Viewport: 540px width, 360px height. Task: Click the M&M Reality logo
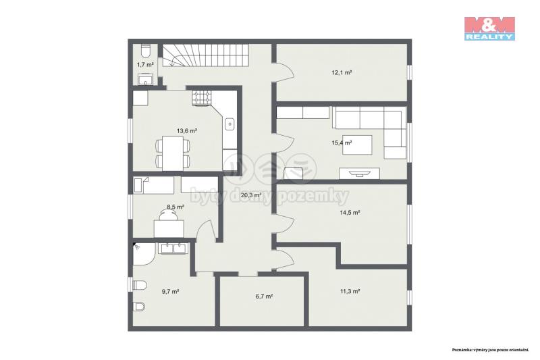coord(489,28)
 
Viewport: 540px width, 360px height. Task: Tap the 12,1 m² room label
coord(342,73)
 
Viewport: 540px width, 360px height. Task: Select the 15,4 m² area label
coord(342,143)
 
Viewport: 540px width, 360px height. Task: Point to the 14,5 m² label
coord(350,213)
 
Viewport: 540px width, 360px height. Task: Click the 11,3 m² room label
coord(350,291)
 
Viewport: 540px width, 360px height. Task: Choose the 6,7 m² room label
coord(264,296)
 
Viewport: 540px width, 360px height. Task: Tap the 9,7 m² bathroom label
coord(170,292)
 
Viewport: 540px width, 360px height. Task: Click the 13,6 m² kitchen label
coord(187,131)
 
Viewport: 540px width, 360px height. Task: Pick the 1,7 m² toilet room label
coord(145,64)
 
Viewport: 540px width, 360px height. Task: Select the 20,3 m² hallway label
coord(251,195)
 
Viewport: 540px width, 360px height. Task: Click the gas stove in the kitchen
coord(201,97)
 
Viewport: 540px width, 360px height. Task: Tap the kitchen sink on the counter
coord(230,124)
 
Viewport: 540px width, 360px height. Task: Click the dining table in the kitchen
coord(173,153)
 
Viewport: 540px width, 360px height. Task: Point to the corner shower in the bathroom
coord(143,253)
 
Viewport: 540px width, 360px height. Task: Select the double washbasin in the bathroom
coord(173,249)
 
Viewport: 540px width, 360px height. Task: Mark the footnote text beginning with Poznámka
coord(491,350)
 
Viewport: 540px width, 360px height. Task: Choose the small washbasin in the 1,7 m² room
coord(146,80)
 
